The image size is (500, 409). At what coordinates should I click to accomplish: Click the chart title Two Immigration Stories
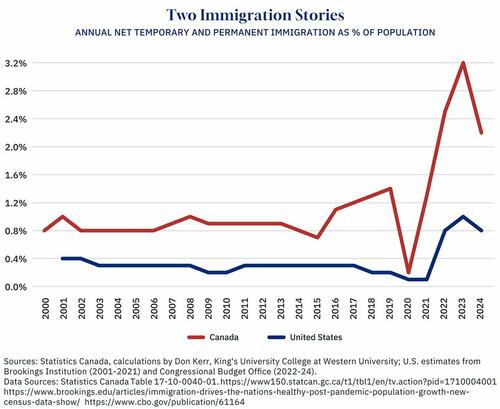tap(250, 14)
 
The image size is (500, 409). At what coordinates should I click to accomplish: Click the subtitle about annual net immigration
tap(250, 33)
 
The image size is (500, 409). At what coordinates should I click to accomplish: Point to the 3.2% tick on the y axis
tap(19, 63)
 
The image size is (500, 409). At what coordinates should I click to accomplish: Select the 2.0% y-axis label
tap(19, 147)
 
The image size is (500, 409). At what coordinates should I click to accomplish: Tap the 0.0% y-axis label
tap(19, 287)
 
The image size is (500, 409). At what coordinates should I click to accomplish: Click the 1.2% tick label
tap(19, 203)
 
